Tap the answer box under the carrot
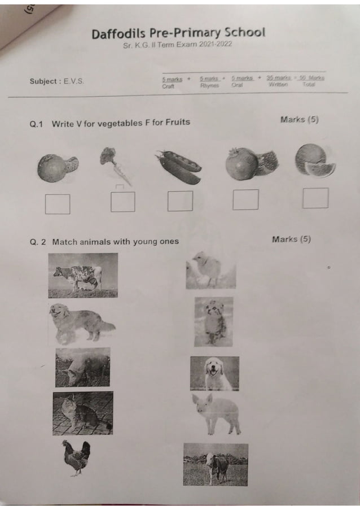(122, 202)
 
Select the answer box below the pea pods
(180, 201)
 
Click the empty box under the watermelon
(315, 198)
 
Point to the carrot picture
(115, 164)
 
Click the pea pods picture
(179, 167)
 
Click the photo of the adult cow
(83, 275)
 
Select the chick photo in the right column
(210, 271)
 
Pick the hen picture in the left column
(76, 457)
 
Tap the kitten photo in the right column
(213, 321)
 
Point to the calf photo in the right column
(216, 464)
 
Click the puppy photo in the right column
(214, 373)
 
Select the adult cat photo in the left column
(82, 413)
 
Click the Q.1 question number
(37, 123)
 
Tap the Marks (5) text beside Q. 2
(291, 239)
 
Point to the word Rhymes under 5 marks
(209, 85)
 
